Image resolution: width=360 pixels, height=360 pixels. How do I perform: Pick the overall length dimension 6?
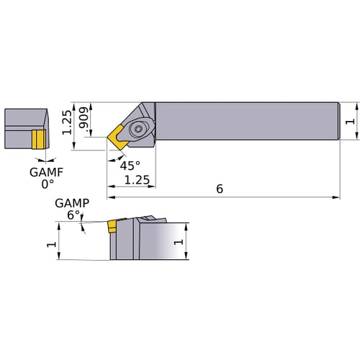220,188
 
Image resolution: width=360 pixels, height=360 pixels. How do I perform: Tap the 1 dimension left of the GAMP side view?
50,245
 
